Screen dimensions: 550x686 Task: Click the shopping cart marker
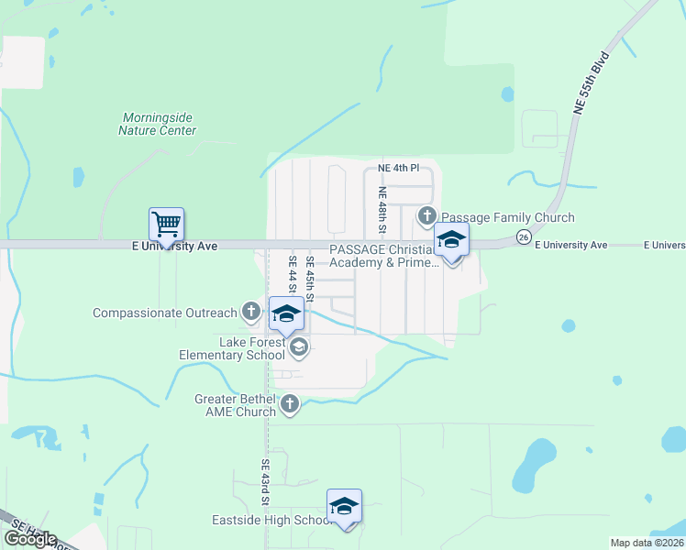pyautogui.click(x=166, y=224)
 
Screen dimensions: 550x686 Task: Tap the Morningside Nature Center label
pyautogui.click(x=158, y=124)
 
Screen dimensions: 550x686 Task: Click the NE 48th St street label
pyautogui.click(x=382, y=210)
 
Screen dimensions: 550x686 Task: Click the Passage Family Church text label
pyautogui.click(x=507, y=217)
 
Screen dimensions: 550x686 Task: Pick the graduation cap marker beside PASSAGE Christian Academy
pyautogui.click(x=451, y=240)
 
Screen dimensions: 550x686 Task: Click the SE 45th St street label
pyautogui.click(x=310, y=273)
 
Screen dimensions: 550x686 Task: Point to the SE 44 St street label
pyautogui.click(x=293, y=273)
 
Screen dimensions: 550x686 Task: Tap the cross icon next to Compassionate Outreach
pyautogui.click(x=251, y=312)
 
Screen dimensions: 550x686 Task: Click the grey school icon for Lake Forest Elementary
pyautogui.click(x=299, y=346)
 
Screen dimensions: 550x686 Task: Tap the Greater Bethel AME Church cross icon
pyautogui.click(x=290, y=403)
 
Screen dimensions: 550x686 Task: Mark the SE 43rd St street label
pyautogui.click(x=264, y=482)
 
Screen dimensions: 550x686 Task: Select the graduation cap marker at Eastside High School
pyautogui.click(x=344, y=506)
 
